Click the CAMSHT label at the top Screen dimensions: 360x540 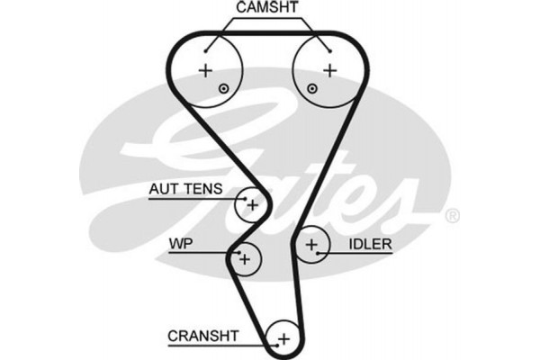(267, 10)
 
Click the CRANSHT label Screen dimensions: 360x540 (202, 336)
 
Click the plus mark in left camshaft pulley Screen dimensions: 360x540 (206, 70)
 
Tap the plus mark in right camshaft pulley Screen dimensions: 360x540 (329, 69)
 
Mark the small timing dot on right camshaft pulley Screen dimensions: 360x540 (311, 88)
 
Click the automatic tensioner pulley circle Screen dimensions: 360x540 (251, 205)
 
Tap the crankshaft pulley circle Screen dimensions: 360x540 (283, 337)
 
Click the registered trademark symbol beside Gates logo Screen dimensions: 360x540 (453, 215)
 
